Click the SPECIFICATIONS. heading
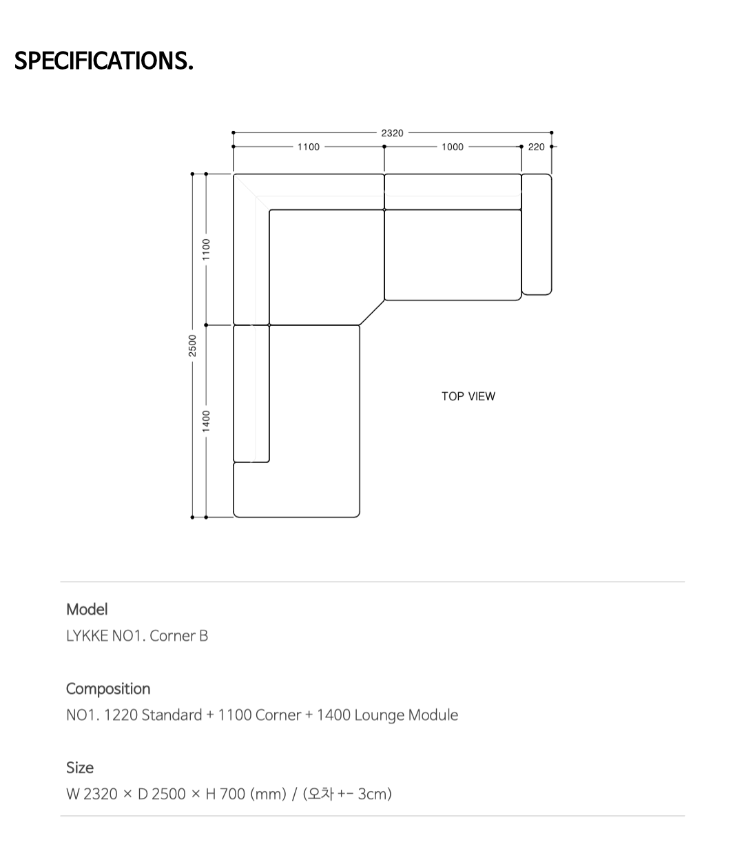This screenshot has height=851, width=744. click(104, 61)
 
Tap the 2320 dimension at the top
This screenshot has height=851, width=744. click(392, 133)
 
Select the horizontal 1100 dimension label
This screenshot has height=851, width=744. click(308, 147)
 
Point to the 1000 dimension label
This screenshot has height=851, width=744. click(453, 147)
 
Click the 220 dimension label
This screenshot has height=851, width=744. click(536, 147)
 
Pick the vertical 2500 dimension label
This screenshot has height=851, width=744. click(192, 345)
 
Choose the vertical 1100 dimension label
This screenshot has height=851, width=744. click(206, 249)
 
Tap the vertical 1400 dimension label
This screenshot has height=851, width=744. click(206, 421)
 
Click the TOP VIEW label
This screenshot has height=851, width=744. click(468, 396)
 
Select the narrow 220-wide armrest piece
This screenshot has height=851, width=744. click(537, 234)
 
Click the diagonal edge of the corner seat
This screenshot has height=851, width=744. click(372, 312)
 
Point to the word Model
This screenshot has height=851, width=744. click(87, 609)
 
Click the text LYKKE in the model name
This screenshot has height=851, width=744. click(87, 635)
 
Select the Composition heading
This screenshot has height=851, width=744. click(108, 689)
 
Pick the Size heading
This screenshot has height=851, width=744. click(80, 768)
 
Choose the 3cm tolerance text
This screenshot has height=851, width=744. click(372, 794)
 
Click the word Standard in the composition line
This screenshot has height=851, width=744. click(172, 715)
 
